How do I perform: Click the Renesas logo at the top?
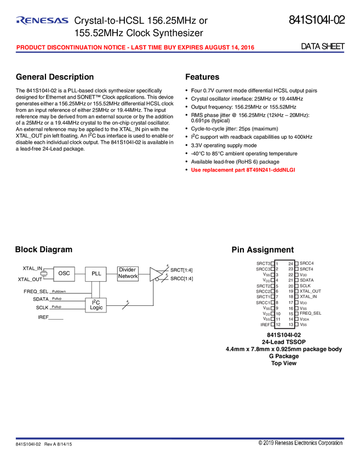[x=43, y=21]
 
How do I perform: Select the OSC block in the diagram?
[x=64, y=273]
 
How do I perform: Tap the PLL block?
[x=96, y=273]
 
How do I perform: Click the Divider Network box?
[x=128, y=273]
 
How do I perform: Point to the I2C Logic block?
[x=96, y=305]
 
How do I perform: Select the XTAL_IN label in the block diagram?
[x=32, y=269]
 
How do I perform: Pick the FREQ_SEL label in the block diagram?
[x=36, y=291]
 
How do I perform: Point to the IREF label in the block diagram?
[x=43, y=317]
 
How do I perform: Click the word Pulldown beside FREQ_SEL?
[x=59, y=291]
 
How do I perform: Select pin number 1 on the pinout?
[x=278, y=264]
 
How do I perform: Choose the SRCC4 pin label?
[x=306, y=264]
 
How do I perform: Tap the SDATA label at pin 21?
[x=307, y=280]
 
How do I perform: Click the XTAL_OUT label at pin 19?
[x=310, y=291]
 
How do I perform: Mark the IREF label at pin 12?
[x=265, y=325]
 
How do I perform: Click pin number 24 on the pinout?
[x=290, y=264]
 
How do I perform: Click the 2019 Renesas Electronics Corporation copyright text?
[x=300, y=443]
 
